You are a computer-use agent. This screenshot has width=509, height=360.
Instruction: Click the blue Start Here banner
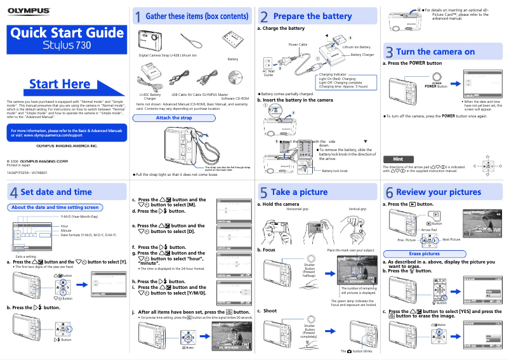tap(60, 84)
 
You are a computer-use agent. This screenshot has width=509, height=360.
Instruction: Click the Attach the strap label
tap(173, 117)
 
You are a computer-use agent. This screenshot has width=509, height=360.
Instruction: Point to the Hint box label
tap(399, 159)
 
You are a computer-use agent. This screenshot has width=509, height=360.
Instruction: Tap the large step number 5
tap(263, 193)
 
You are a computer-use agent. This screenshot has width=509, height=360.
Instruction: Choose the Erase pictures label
tap(424, 253)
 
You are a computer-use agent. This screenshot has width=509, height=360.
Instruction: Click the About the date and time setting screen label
tap(55, 207)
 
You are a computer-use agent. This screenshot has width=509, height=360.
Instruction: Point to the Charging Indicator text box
tap(343, 82)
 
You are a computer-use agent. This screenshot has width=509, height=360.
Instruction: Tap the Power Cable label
tap(298, 44)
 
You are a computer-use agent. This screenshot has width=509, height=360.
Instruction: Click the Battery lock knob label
tap(334, 171)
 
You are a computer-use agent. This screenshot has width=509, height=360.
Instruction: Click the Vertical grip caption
tap(357, 209)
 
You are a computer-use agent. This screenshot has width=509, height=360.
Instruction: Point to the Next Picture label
tap(451, 239)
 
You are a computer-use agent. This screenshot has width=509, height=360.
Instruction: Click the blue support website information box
tap(66, 133)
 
